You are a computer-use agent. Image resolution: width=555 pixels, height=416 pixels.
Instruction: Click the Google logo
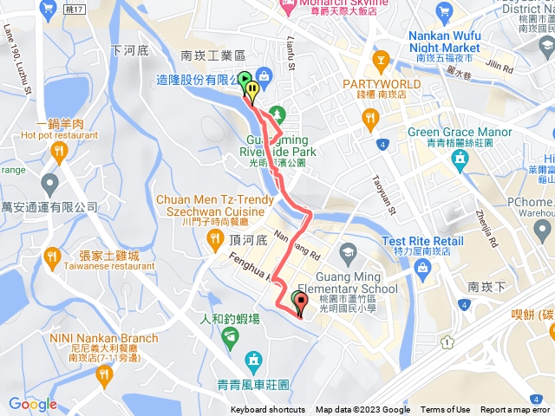pyautogui.click(x=33, y=403)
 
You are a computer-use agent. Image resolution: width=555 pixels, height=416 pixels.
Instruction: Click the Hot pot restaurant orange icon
pyautogui.click(x=59, y=153)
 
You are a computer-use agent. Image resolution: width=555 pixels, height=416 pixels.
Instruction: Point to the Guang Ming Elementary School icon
pyautogui.click(x=348, y=254)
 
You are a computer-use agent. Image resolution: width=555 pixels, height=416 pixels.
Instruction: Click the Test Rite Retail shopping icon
pyautogui.click(x=421, y=267)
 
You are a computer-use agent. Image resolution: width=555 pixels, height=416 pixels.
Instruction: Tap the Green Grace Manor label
pyautogui.click(x=460, y=133)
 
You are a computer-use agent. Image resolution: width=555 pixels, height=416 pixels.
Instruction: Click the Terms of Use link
pyautogui.click(x=446, y=410)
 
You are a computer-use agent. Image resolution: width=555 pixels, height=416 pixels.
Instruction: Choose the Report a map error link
pyautogui.click(x=516, y=410)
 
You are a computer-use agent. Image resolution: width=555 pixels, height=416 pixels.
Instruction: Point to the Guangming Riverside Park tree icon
pyautogui.click(x=276, y=114)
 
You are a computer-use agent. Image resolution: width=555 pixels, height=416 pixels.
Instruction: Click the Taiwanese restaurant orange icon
pyautogui.click(x=52, y=257)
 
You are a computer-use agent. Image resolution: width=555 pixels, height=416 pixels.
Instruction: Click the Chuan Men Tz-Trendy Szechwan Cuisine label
pyautogui.click(x=209, y=205)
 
